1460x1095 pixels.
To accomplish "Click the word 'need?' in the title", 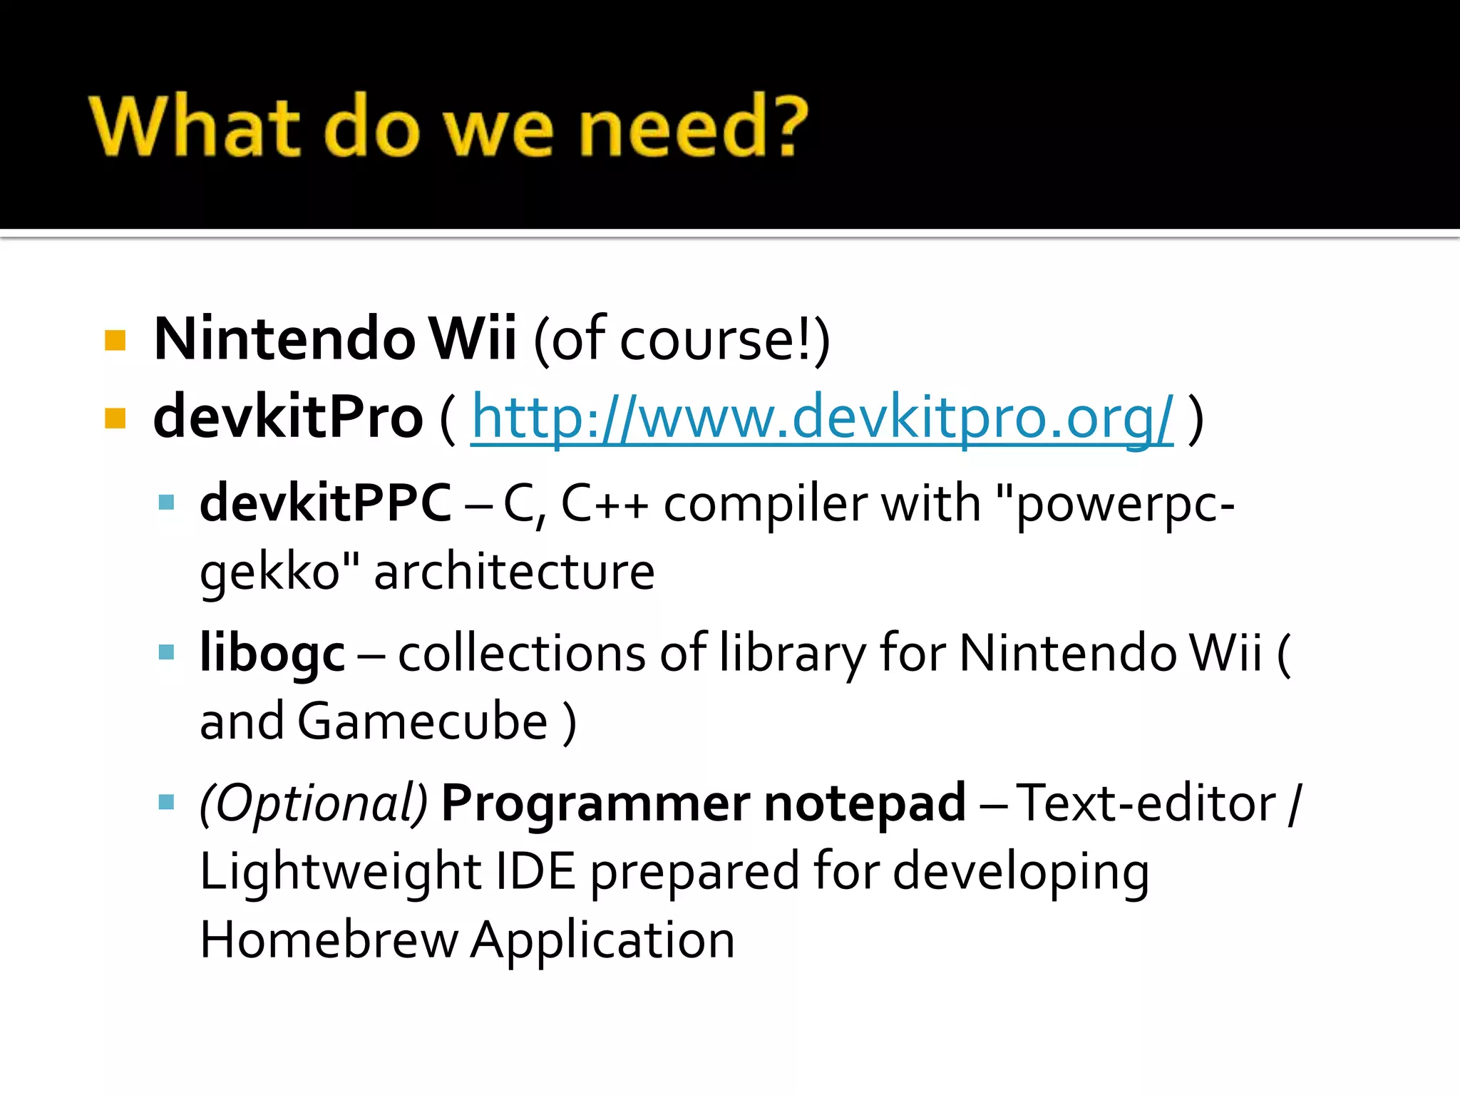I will pyautogui.click(x=692, y=127).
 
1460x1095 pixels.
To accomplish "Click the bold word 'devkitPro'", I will pyautogui.click(x=288, y=418).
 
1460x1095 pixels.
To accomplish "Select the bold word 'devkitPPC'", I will pyautogui.click(x=325, y=503).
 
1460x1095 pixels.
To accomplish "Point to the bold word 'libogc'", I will pyautogui.click(x=272, y=653).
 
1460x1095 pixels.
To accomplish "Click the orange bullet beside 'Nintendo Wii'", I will pyautogui.click(x=115, y=340).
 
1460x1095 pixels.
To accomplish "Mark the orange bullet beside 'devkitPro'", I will pyautogui.click(x=115, y=418).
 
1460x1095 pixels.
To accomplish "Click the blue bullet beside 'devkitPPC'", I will pyautogui.click(x=166, y=503).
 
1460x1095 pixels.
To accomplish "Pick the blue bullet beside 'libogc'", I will pyautogui.click(x=166, y=652).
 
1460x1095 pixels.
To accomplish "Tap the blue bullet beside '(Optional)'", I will pyautogui.click(x=166, y=803).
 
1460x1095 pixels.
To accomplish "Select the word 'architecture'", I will pyautogui.click(x=514, y=572).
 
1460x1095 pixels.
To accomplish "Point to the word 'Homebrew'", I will pyautogui.click(x=329, y=940).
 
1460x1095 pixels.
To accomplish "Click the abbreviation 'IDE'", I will pyautogui.click(x=535, y=872).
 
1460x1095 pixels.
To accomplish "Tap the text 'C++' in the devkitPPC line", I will pyautogui.click(x=605, y=503).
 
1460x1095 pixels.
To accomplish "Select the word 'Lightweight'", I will pyautogui.click(x=340, y=872).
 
